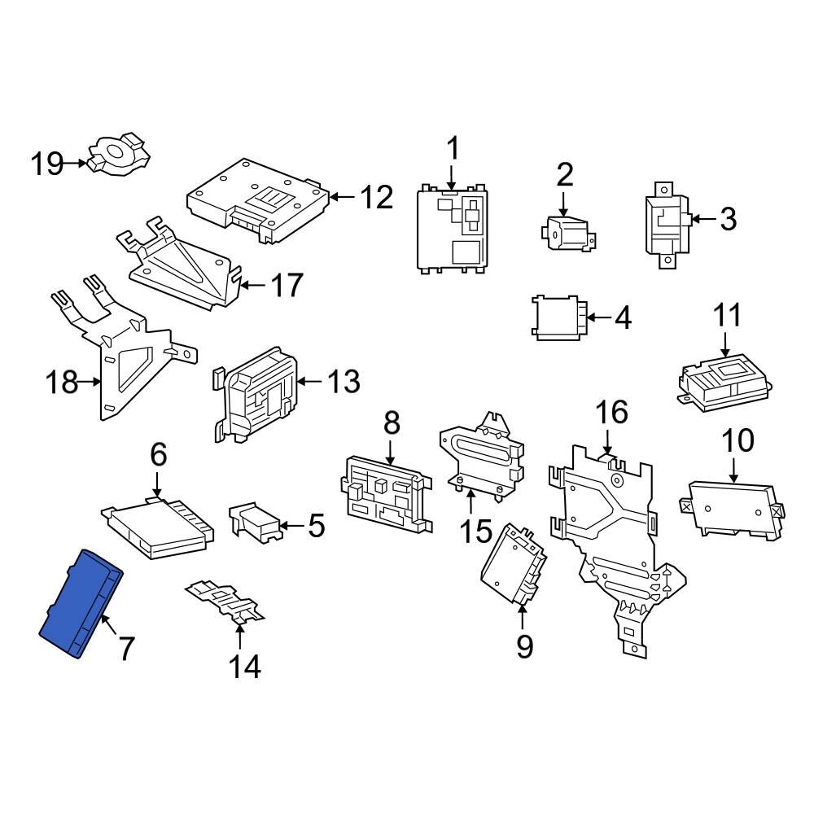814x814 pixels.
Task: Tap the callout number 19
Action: tap(47, 164)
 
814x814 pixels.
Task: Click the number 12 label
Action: tap(376, 197)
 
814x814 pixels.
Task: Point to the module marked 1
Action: tap(453, 230)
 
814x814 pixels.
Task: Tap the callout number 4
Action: tap(623, 317)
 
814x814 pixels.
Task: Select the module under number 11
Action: tap(723, 379)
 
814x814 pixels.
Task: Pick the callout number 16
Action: tap(611, 413)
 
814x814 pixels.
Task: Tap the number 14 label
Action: tap(243, 667)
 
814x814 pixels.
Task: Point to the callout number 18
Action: tap(61, 382)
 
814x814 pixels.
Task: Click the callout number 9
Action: tap(524, 646)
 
